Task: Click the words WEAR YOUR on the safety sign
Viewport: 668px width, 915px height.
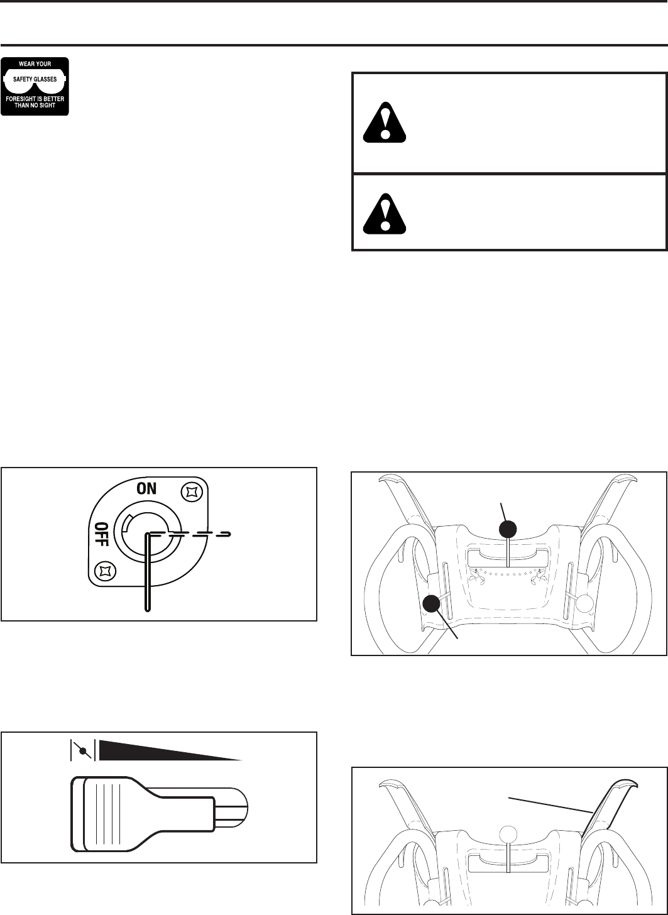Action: click(x=35, y=63)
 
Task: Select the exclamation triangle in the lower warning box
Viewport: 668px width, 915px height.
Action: click(x=385, y=212)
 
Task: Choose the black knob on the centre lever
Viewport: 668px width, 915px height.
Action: click(x=508, y=529)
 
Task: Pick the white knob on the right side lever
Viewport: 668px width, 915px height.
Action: click(x=585, y=603)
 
